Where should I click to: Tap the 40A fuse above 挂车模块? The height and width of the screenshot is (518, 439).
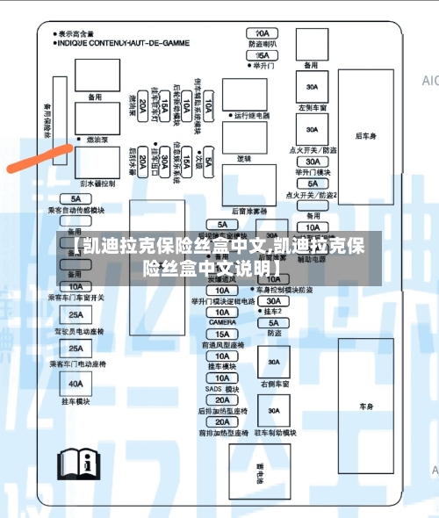click(76, 383)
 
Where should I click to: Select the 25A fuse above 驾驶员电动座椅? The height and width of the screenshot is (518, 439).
click(76, 314)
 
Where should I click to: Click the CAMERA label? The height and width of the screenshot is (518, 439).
click(222, 322)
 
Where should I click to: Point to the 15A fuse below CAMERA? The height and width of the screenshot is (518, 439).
click(222, 334)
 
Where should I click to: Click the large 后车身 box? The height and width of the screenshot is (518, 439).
click(366, 136)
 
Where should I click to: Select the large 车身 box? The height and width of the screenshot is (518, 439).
click(366, 406)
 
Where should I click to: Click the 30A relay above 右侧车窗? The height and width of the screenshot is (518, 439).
click(275, 363)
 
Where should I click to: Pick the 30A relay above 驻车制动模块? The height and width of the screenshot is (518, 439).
click(275, 410)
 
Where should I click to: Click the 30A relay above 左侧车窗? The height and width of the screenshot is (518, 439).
click(312, 88)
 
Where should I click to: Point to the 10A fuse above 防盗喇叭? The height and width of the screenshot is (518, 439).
click(262, 32)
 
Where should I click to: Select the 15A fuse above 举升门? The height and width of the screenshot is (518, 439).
click(262, 54)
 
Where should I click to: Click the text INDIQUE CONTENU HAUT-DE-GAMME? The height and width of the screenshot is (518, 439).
click(125, 40)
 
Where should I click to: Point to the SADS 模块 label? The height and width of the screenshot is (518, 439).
click(222, 389)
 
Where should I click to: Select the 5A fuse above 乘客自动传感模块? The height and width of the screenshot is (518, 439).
click(76, 200)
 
